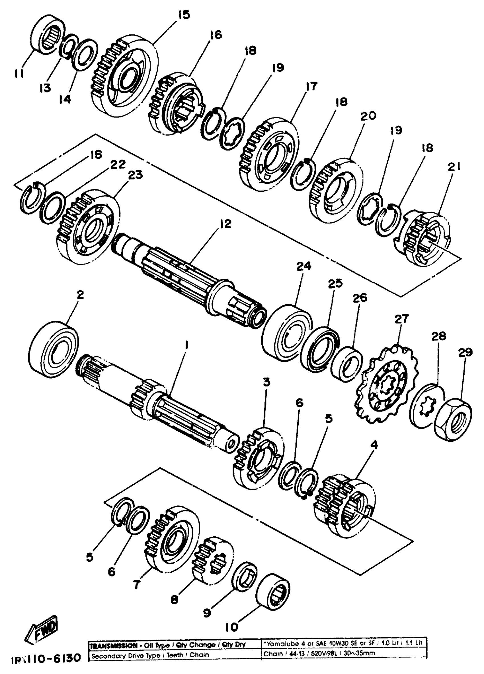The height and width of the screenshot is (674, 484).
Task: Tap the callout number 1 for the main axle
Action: click(x=186, y=345)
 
